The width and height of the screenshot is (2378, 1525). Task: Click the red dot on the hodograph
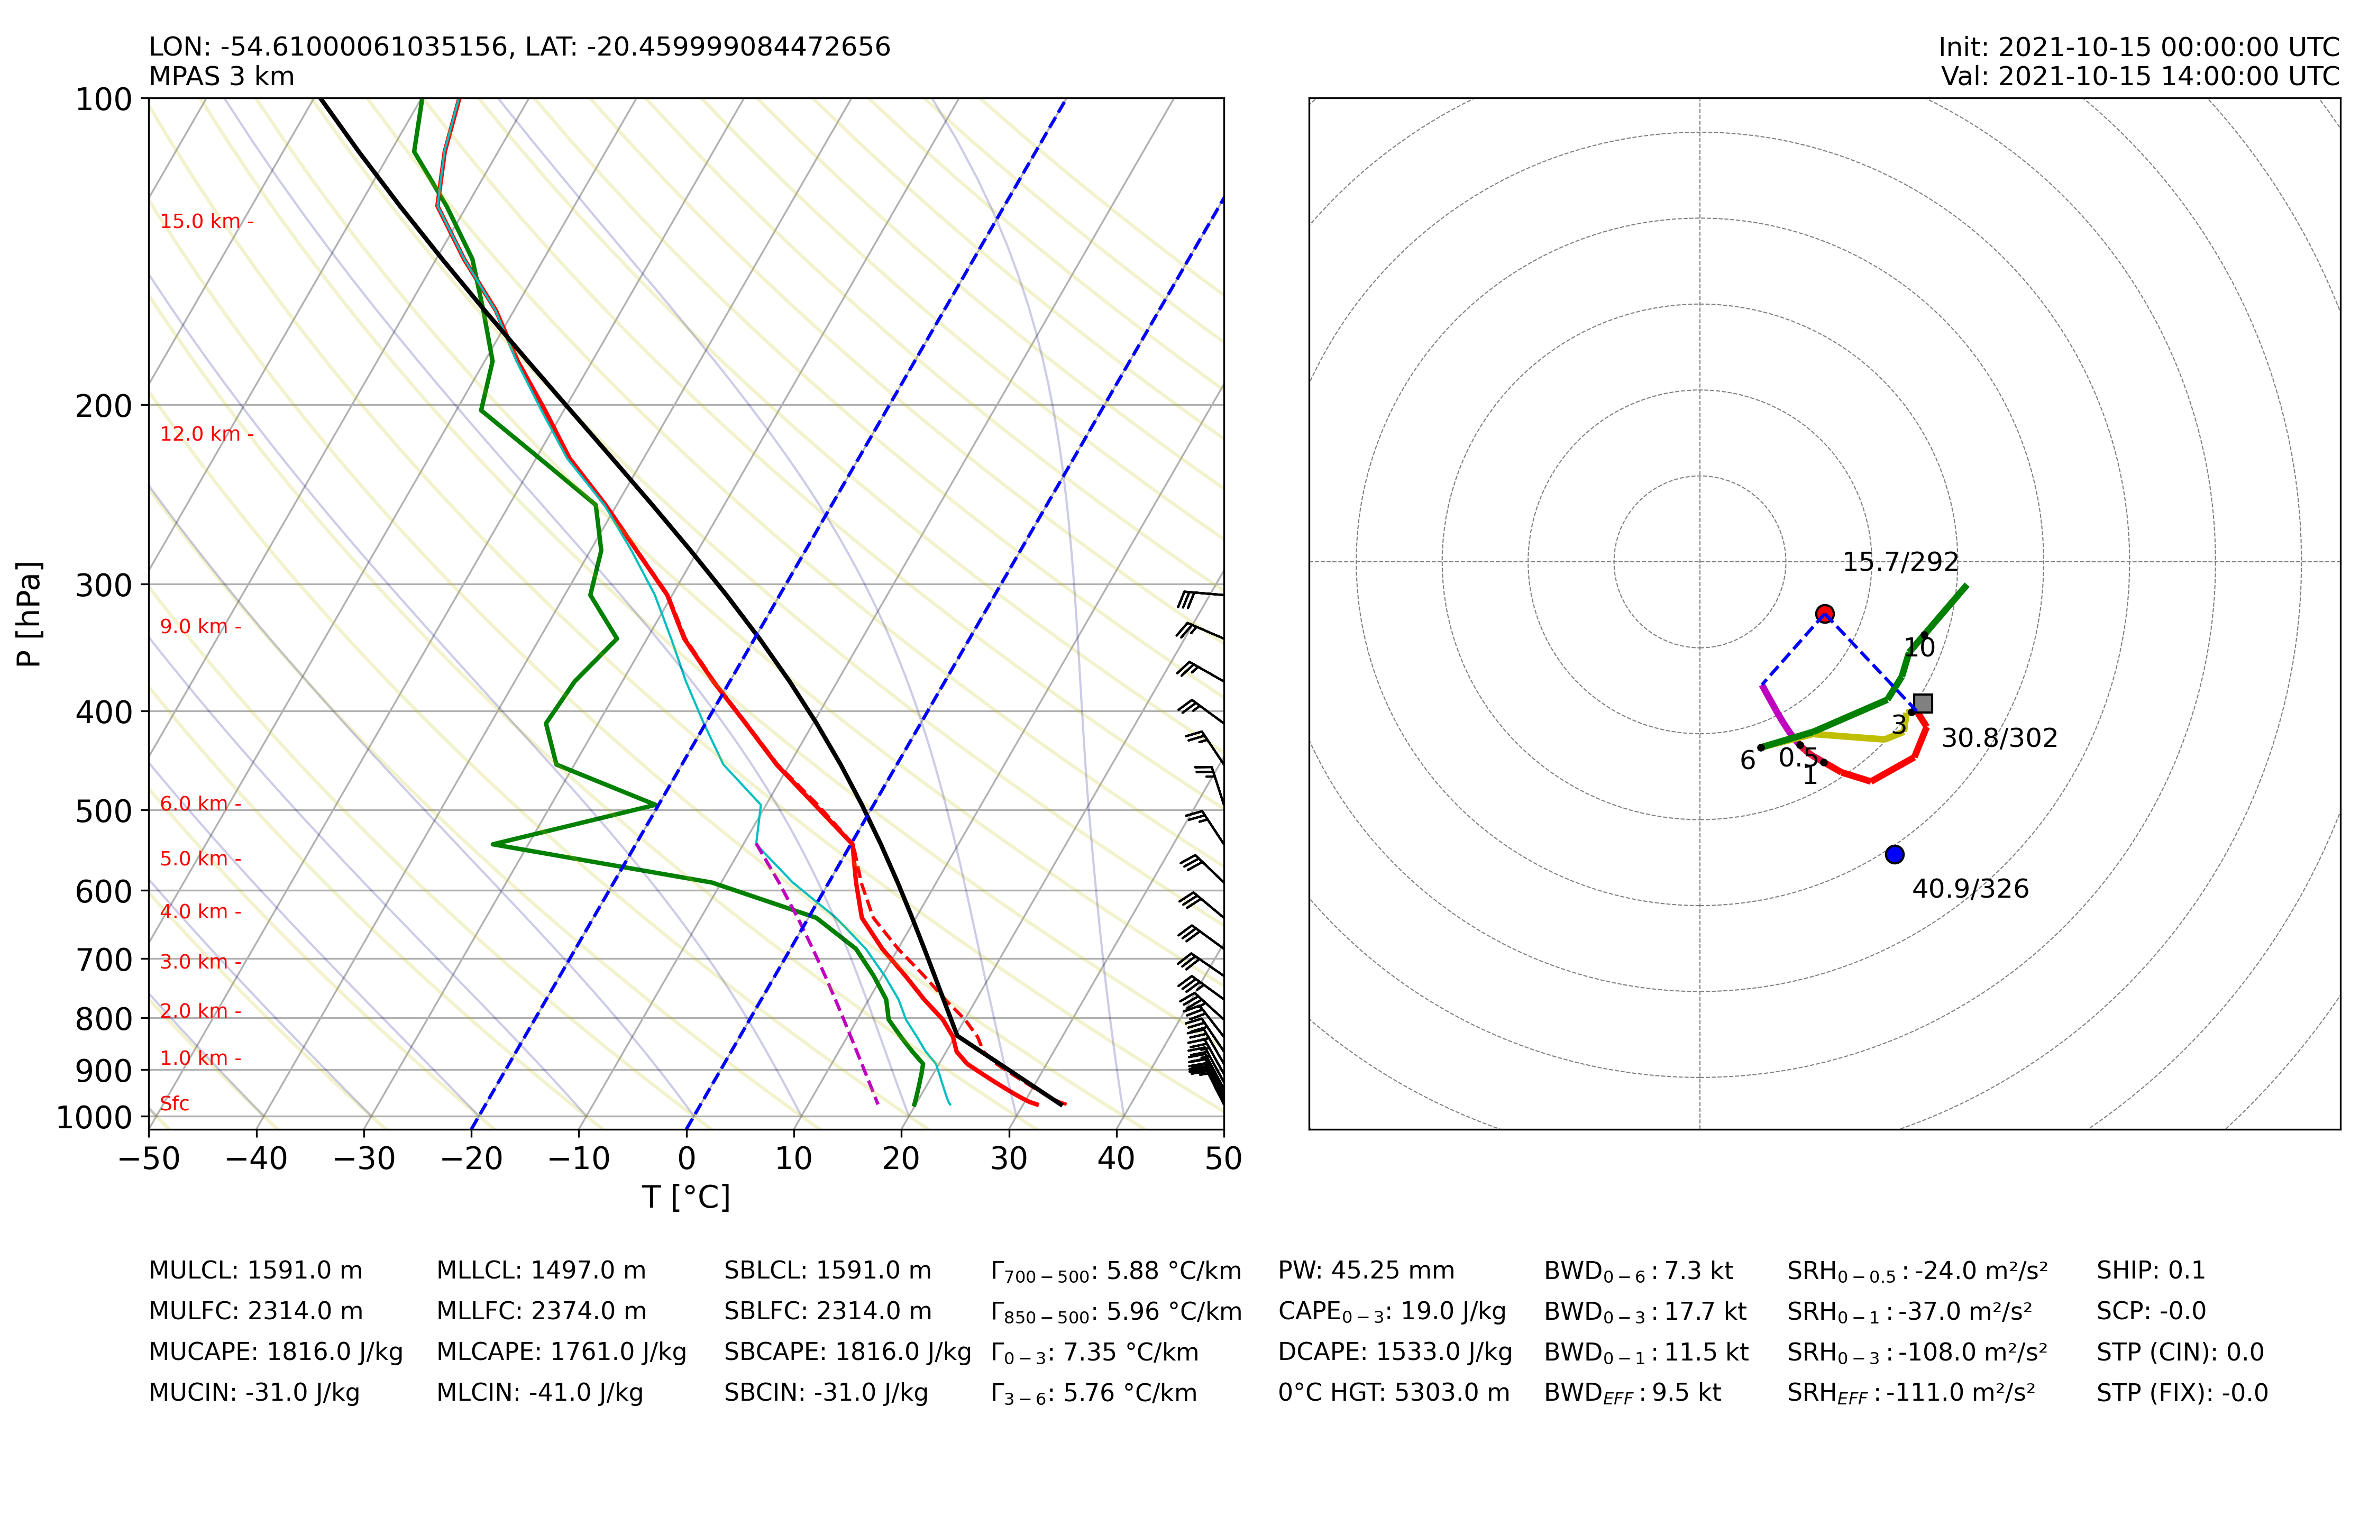tap(1825, 614)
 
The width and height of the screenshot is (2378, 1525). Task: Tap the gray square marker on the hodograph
tap(1923, 703)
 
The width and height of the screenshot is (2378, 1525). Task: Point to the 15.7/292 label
tap(1900, 562)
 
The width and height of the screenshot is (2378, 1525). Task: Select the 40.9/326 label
tap(1970, 889)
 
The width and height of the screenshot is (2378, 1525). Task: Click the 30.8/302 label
tap(1999, 739)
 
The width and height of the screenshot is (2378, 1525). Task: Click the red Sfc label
tap(174, 1103)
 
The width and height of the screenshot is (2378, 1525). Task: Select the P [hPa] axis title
tap(30, 614)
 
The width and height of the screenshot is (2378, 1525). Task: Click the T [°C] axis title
tap(686, 1197)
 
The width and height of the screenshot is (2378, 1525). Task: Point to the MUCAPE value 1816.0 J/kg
tap(275, 1353)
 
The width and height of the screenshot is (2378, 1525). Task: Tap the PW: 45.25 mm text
tap(1366, 1271)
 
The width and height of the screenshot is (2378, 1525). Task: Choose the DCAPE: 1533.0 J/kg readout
tap(1395, 1353)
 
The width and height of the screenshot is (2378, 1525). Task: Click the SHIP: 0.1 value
tap(2150, 1271)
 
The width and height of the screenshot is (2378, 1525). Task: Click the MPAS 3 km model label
tap(222, 76)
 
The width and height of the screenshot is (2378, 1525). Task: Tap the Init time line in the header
tap(2138, 48)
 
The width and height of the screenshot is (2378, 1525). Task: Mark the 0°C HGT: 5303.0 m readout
tap(1394, 1393)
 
